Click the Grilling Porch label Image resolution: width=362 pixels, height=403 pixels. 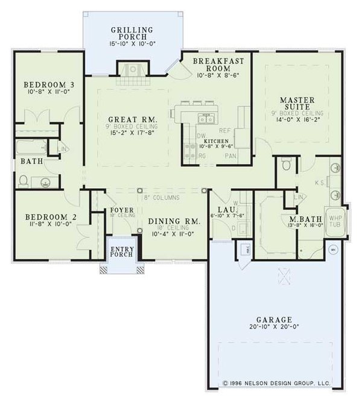click(x=132, y=33)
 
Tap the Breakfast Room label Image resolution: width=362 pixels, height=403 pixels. click(x=218, y=65)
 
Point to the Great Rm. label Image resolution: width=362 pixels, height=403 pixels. click(x=133, y=119)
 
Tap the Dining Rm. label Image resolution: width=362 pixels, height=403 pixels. click(x=174, y=222)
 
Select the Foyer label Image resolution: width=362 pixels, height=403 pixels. click(x=121, y=210)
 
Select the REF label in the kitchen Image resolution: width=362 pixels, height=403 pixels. click(x=225, y=130)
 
